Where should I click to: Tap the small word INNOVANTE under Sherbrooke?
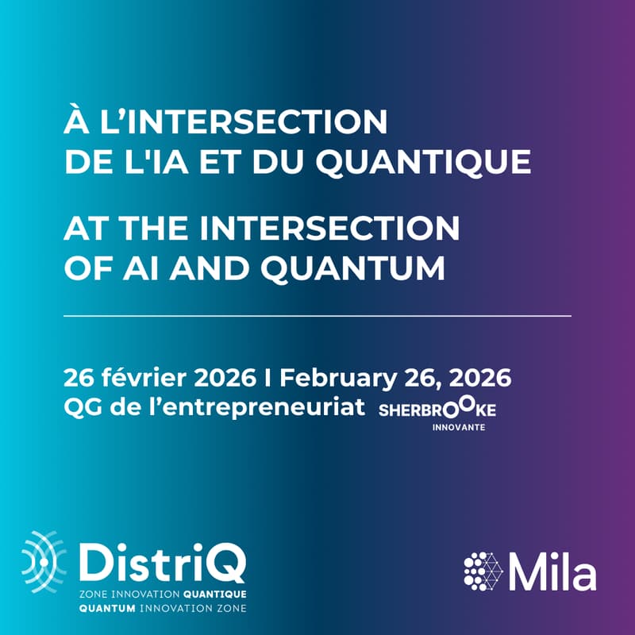pos(459,426)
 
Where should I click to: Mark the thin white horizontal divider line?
pos(317,316)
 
